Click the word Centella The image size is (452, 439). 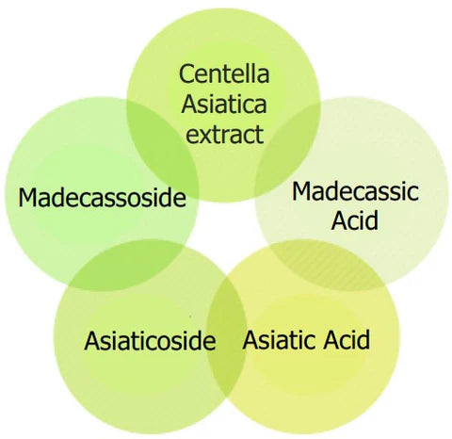click(x=224, y=73)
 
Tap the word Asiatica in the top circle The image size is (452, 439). click(x=224, y=104)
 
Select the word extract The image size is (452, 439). click(x=225, y=134)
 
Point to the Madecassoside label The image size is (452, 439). click(x=103, y=197)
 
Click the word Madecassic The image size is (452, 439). click(x=355, y=191)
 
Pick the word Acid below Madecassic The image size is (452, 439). click(x=355, y=220)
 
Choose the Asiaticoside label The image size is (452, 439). click(x=150, y=340)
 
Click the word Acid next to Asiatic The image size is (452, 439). click(x=347, y=339)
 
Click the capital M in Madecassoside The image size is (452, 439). click(x=27, y=197)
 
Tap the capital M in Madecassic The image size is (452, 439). click(x=301, y=191)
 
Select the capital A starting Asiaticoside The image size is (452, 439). click(x=92, y=340)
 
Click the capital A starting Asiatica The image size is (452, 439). click(x=189, y=104)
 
